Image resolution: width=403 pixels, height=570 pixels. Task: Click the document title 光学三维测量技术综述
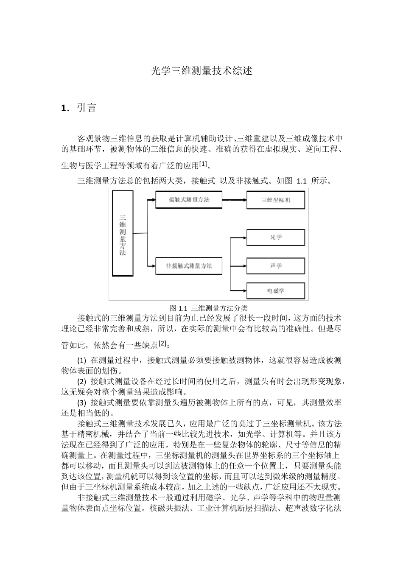pyautogui.click(x=201, y=71)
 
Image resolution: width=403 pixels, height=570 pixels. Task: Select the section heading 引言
pyautogui.click(x=87, y=108)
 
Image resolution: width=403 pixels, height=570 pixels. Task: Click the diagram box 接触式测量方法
pyautogui.click(x=188, y=200)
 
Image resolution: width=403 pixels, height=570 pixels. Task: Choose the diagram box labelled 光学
pyautogui.click(x=276, y=237)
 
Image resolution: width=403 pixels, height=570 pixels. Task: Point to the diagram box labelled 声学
pyautogui.click(x=276, y=266)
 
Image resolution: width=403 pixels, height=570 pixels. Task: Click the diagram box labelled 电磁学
pyautogui.click(x=276, y=291)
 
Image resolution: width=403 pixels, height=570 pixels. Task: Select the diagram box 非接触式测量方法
pyautogui.click(x=188, y=266)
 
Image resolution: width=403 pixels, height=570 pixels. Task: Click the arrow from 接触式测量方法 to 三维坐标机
pyautogui.click(x=234, y=200)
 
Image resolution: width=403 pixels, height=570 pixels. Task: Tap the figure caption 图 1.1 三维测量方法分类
pyautogui.click(x=208, y=308)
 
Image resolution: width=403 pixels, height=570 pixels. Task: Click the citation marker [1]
pyautogui.click(x=203, y=163)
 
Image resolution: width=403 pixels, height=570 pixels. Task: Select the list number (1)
pyautogui.click(x=82, y=360)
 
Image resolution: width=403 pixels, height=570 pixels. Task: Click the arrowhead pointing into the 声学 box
pyautogui.click(x=244, y=266)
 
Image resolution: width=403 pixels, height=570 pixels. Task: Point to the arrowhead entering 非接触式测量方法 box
pyautogui.click(x=153, y=266)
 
